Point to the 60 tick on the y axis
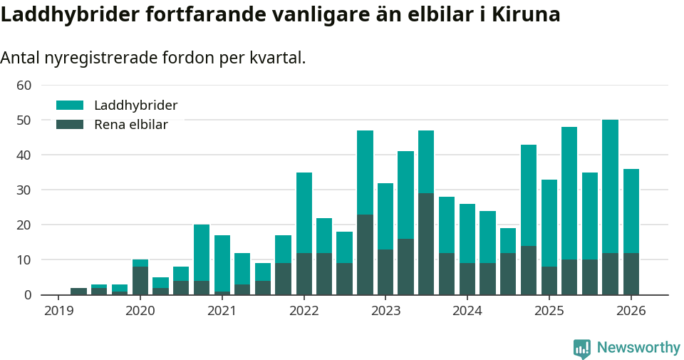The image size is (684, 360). (x=24, y=86)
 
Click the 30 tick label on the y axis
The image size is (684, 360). (x=24, y=190)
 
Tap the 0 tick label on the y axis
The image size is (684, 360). (x=28, y=295)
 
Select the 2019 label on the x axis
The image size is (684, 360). (x=58, y=311)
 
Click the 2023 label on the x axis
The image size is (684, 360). (x=385, y=311)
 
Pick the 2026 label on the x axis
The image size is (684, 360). (x=631, y=311)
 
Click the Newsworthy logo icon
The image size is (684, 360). (x=582, y=348)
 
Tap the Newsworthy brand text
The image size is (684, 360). (x=638, y=348)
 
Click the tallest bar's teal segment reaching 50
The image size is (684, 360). (x=610, y=186)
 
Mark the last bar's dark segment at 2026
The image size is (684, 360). (x=631, y=274)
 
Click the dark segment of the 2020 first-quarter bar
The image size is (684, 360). (x=140, y=280)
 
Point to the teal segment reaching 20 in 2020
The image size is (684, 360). (x=202, y=252)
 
